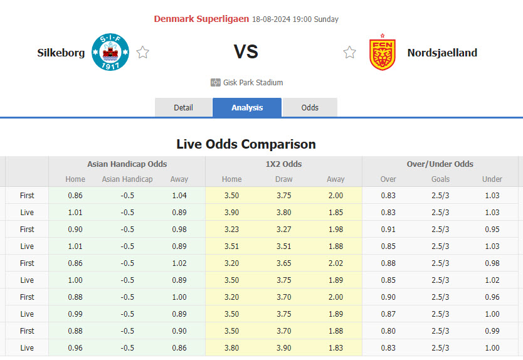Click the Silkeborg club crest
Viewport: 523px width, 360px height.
(110, 53)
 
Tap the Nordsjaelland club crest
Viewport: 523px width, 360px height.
(382, 53)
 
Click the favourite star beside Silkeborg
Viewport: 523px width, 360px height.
(143, 53)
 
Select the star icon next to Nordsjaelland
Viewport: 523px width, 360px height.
(349, 53)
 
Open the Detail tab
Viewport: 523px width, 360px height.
(183, 107)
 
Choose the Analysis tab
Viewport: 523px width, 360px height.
(247, 107)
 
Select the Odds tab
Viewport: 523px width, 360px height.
(310, 107)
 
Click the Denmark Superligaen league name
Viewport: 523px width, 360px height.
(201, 19)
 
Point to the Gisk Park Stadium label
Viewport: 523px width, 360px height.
(253, 82)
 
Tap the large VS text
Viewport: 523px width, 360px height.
(246, 52)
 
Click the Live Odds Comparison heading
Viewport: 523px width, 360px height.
(246, 144)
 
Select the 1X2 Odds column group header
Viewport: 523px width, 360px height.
(283, 164)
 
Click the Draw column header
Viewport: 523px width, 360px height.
(283, 179)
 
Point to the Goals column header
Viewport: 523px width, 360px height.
(440, 179)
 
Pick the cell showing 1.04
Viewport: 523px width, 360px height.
(179, 196)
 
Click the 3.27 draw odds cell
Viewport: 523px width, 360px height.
(283, 230)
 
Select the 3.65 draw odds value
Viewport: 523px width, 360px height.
(283, 263)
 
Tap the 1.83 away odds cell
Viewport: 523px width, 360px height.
(335, 348)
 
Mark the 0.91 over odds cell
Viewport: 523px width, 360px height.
(388, 230)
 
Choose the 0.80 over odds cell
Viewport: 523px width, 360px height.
(388, 331)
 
